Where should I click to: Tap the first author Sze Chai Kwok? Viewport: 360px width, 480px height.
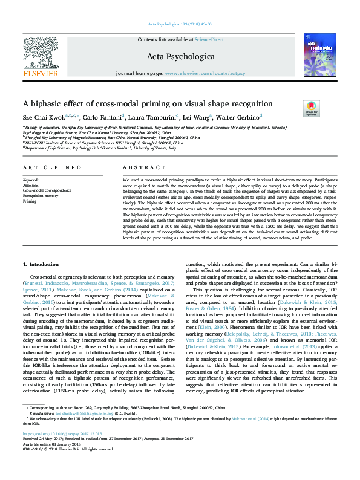click(x=44, y=117)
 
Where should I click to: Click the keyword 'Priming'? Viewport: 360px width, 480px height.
click(x=30, y=201)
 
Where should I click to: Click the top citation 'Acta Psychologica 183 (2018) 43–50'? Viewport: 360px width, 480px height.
click(x=180, y=24)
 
